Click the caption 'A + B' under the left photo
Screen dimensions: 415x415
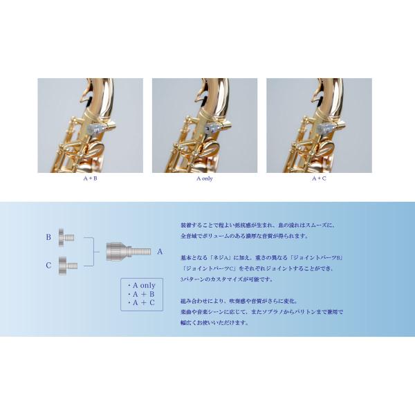pyautogui.click(x=90, y=178)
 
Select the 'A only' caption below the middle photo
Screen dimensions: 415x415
pyautogui.click(x=204, y=178)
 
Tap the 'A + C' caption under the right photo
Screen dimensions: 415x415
pyautogui.click(x=318, y=178)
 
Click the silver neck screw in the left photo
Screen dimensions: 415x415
pyautogui.click(x=102, y=128)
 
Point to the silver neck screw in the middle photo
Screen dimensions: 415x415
pyautogui.click(x=216, y=128)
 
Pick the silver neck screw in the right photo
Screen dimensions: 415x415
pyautogui.click(x=330, y=128)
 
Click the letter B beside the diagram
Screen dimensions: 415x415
pyautogui.click(x=48, y=237)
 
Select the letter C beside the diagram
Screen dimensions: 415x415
pyautogui.click(x=48, y=264)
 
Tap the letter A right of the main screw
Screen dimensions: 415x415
pyautogui.click(x=160, y=251)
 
